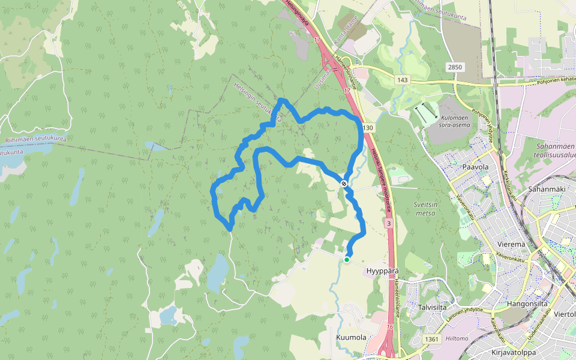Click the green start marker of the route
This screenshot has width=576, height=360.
[347, 259]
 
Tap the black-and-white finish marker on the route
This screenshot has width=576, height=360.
[344, 184]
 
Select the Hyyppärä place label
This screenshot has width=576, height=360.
[381, 271]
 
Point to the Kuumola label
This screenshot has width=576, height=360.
[351, 338]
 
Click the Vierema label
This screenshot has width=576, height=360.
[511, 244]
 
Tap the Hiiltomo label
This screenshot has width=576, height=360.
[457, 338]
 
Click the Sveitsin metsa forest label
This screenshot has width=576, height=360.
[425, 208]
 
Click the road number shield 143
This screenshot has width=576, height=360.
[402, 80]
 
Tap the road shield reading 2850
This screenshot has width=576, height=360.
[454, 67]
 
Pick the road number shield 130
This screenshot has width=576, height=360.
[368, 128]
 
